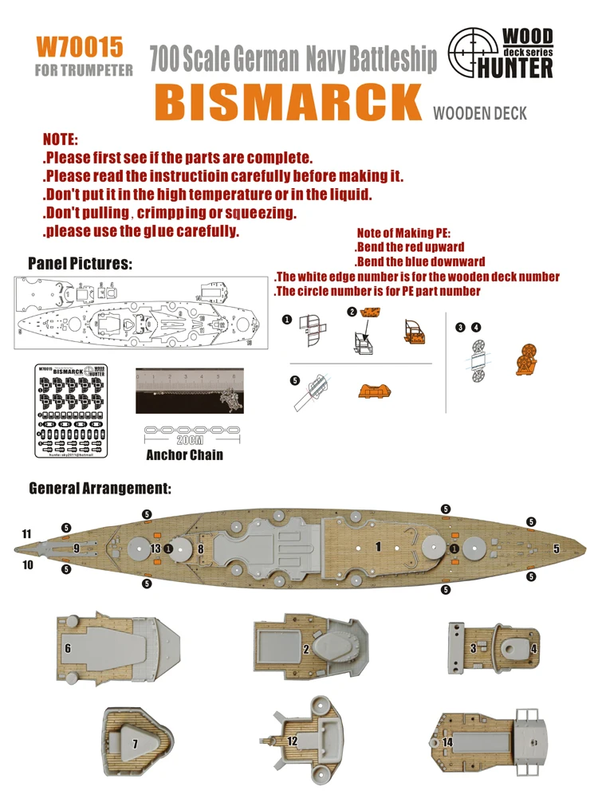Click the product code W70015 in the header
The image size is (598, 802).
80,47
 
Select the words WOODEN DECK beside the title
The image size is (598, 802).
480,113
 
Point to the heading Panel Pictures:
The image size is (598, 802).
80,263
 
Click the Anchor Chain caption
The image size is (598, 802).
184,455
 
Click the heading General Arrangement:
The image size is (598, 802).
100,486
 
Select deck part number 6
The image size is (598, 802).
68,649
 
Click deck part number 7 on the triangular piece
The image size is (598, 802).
136,744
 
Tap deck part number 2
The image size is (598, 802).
306,650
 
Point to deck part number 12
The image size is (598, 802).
293,741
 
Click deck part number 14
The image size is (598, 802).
448,741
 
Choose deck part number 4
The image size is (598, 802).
534,649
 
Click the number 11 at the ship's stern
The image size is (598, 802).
27,533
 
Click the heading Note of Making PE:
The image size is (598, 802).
404,233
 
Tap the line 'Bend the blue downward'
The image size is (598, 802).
420,261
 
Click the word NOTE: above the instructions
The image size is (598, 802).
61,140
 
